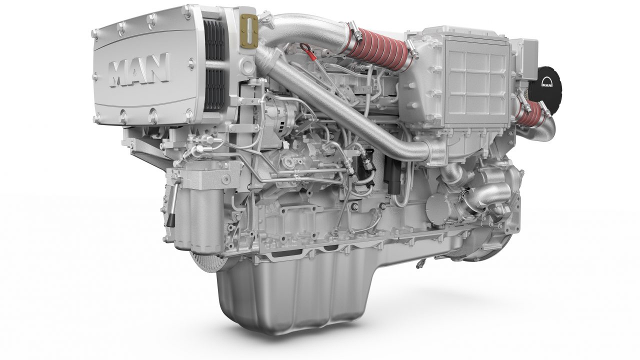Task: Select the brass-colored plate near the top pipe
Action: tap(247, 24)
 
